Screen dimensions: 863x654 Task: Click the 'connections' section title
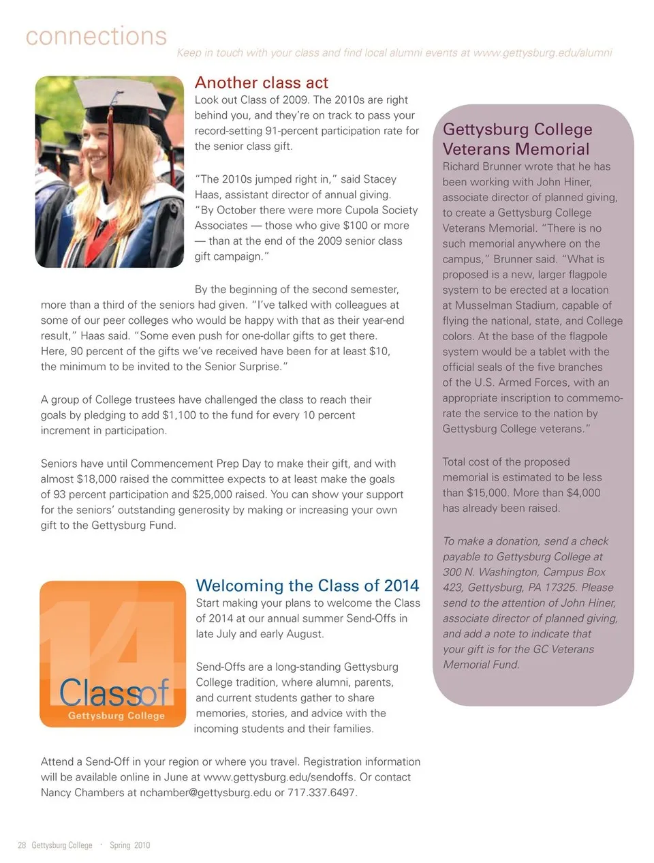[x=96, y=35]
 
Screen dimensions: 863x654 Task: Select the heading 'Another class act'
[x=261, y=82]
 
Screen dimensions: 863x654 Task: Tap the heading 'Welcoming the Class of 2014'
[x=307, y=586]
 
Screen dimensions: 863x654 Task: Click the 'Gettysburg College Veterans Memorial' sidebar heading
[x=517, y=139]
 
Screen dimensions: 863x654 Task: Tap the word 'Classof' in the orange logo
[x=114, y=693]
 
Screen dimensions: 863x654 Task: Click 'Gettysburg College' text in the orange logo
[x=116, y=716]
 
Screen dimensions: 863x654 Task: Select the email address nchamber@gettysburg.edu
[x=205, y=792]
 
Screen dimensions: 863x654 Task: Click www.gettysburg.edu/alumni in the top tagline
[x=542, y=52]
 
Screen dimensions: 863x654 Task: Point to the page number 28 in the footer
[x=22, y=845]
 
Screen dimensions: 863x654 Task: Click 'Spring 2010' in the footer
[x=129, y=845]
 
